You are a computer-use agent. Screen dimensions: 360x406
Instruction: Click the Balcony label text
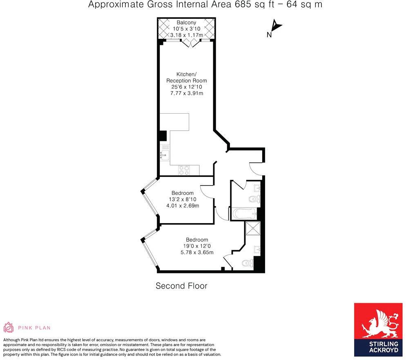click(186, 22)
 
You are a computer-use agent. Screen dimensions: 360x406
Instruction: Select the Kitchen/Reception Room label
click(186, 78)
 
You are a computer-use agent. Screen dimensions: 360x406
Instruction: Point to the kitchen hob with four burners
click(184, 170)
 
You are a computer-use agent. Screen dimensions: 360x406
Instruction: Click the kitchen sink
click(165, 154)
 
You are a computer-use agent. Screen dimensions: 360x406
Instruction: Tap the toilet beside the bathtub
click(253, 199)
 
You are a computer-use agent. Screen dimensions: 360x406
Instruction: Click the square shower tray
click(252, 229)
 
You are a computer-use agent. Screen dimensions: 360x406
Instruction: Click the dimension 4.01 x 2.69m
click(182, 206)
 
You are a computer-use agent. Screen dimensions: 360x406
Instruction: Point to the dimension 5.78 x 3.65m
click(197, 253)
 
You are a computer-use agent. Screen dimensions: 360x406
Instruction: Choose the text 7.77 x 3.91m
click(186, 94)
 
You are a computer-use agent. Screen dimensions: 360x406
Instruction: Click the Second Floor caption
click(181, 286)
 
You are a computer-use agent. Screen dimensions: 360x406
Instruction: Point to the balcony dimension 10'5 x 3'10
click(186, 29)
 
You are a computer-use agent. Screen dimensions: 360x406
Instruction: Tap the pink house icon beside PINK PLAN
click(9, 327)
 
